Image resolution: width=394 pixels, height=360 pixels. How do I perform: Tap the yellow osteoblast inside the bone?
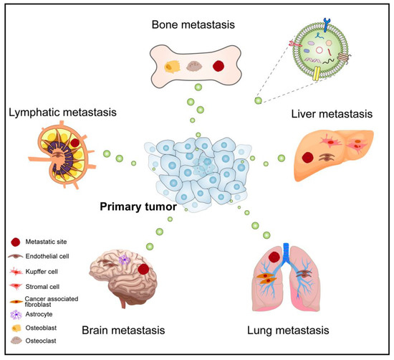[x=172, y=67]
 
